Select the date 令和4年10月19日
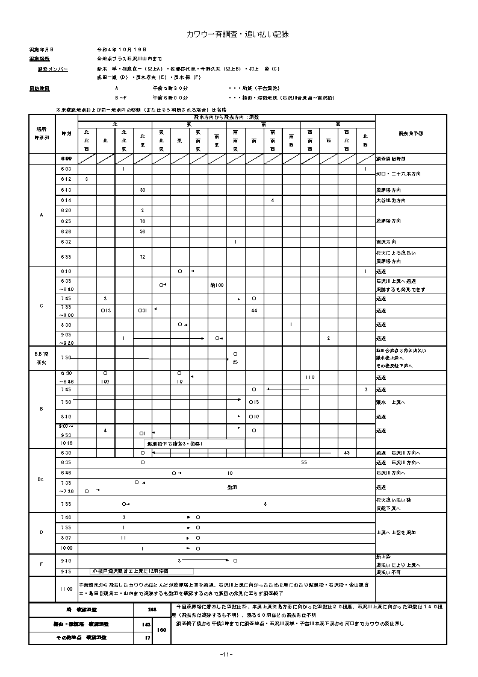pos(121,49)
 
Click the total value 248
pos(152,610)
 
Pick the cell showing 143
pos(146,625)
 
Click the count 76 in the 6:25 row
pos(143,221)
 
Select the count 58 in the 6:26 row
pos(143,231)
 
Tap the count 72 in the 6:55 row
pos(143,257)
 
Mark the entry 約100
pos(217,285)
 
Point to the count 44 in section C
pos(255,310)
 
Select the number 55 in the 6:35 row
pos(305,462)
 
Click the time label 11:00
pos(66,588)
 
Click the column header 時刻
pos(66,133)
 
